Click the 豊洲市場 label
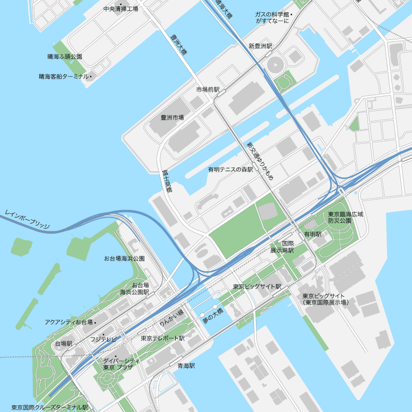click(x=172, y=118)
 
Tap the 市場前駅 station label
click(x=208, y=90)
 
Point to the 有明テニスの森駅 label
click(x=231, y=169)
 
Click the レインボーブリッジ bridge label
click(x=27, y=219)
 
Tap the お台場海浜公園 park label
click(x=124, y=258)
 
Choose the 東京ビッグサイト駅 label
click(x=256, y=286)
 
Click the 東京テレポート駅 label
click(x=163, y=338)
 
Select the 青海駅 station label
click(x=186, y=366)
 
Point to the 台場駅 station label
click(x=63, y=343)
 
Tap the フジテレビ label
click(x=104, y=339)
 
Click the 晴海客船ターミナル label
click(x=64, y=77)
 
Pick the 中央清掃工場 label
click(x=121, y=9)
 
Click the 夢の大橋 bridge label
click(x=213, y=316)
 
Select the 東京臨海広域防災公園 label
click(x=345, y=217)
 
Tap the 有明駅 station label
click(x=313, y=234)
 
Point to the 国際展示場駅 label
click(x=282, y=247)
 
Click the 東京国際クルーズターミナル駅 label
click(x=50, y=407)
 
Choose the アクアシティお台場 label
click(x=68, y=322)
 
